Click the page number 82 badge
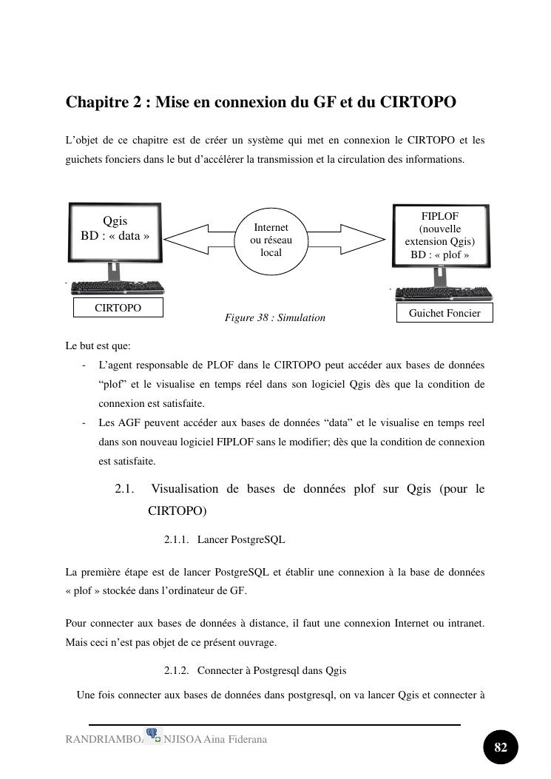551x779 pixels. pos(501,747)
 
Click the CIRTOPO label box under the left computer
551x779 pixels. pos(118,308)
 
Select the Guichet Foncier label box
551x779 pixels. pos(444,313)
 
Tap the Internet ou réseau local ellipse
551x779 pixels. pos(271,240)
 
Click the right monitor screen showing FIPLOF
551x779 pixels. pos(440,235)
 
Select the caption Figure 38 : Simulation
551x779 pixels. pos(275,317)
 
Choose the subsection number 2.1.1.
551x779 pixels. pos(176,540)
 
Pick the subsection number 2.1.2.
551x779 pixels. pos(176,670)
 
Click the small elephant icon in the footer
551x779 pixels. pos(153,735)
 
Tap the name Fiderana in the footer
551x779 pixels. pos(248,740)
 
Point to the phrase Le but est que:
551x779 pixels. pos(98,345)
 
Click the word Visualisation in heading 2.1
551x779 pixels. pos(184,489)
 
